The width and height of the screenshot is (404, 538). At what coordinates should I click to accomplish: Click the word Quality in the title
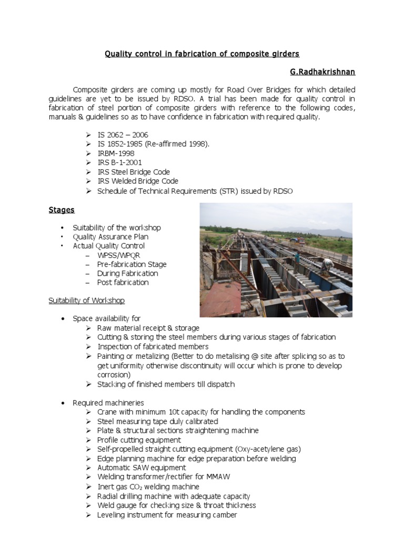coord(118,54)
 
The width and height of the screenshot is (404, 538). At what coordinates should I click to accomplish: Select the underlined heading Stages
coord(62,210)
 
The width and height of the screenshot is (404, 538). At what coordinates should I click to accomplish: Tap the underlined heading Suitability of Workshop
coord(87,301)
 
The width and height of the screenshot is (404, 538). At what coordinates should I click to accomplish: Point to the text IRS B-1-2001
coord(119,162)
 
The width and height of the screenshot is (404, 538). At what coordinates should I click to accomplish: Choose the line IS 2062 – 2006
coord(123,134)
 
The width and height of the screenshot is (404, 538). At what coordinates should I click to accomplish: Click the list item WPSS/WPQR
coord(119,255)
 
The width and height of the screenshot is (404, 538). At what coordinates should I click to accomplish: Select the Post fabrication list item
coord(123,282)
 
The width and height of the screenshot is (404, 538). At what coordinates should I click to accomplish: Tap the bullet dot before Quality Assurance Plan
coord(62,237)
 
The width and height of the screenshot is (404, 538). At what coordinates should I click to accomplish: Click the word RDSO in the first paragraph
coord(203,98)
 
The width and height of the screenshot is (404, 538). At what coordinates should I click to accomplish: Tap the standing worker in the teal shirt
coord(297,257)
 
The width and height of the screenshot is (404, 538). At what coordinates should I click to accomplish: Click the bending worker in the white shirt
coord(327,264)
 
